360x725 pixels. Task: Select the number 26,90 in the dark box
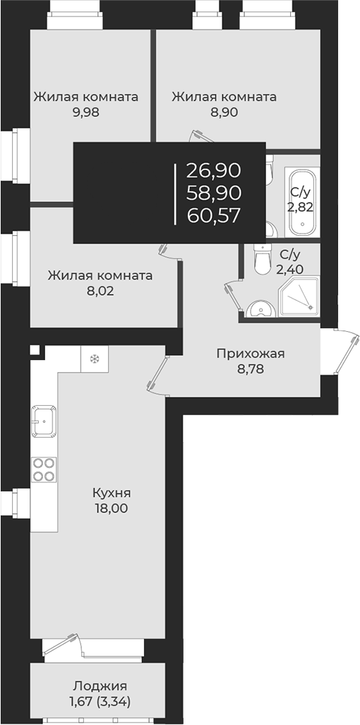click(x=214, y=170)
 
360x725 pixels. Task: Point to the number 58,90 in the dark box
click(x=214, y=192)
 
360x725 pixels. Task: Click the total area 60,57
click(x=214, y=215)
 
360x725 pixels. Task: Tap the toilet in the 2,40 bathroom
click(x=262, y=260)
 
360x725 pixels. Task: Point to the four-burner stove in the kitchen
click(x=44, y=469)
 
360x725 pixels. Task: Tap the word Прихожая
click(x=251, y=354)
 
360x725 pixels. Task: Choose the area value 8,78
click(x=251, y=369)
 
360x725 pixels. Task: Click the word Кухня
click(x=112, y=493)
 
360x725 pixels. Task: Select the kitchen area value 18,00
click(x=112, y=508)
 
